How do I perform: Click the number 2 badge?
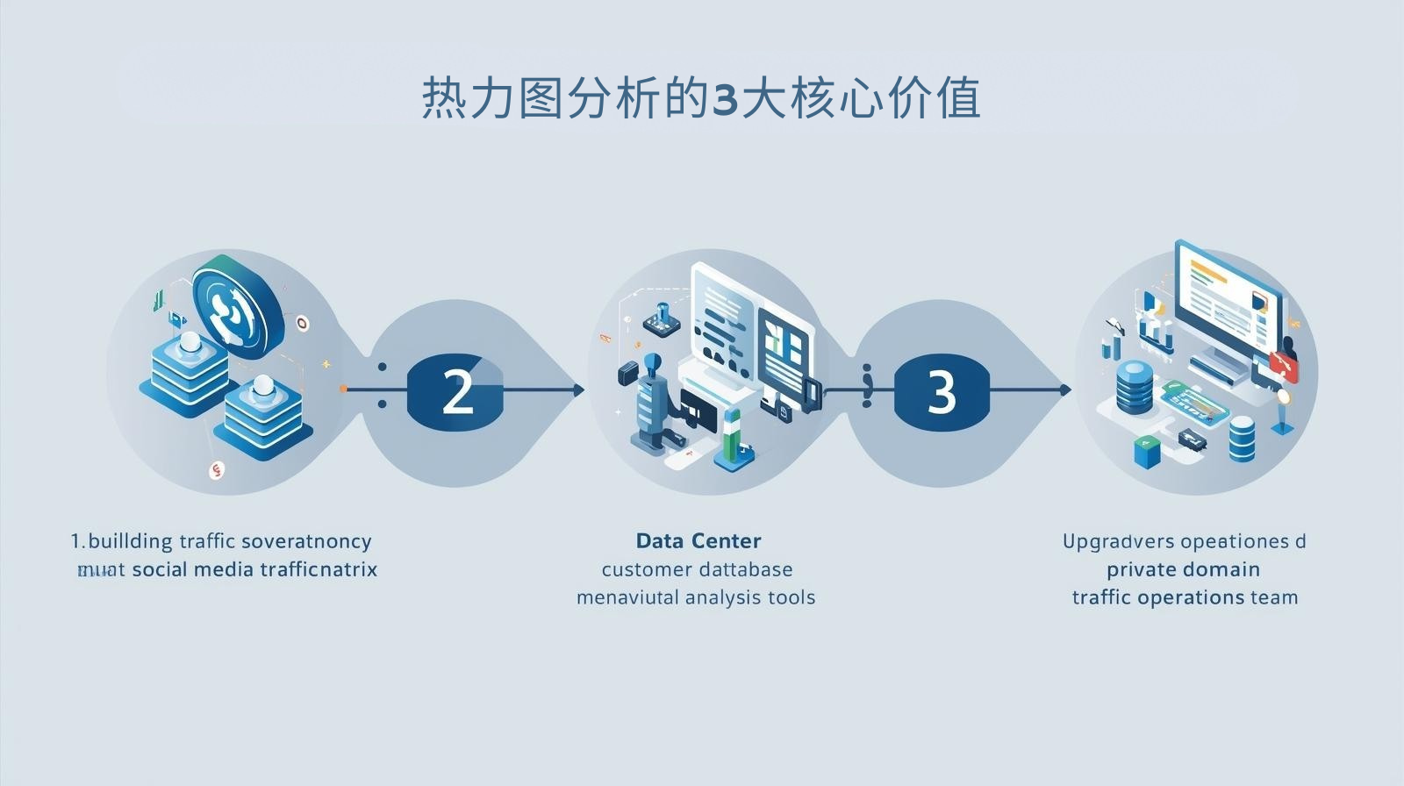point(456,390)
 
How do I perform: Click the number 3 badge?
point(941,390)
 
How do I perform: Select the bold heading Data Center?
point(698,540)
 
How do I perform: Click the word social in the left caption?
point(160,569)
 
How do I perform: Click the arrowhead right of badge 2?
point(578,389)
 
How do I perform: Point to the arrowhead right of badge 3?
point(1064,389)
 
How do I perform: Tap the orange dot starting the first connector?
point(342,389)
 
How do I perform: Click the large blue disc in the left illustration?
point(237,307)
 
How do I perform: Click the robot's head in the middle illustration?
point(652,362)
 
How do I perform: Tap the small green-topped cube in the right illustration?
point(1146,451)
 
